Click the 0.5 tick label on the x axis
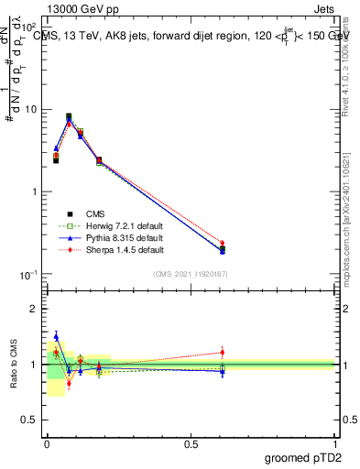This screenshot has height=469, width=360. tap(191, 442)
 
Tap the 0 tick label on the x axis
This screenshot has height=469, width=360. tap(48, 442)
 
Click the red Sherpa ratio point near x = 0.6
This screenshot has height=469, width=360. tap(223, 352)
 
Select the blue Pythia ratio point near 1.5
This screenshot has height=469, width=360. tap(56, 336)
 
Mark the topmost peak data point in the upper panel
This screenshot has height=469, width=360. tap(69, 116)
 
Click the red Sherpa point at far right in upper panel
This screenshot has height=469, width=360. tap(223, 243)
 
